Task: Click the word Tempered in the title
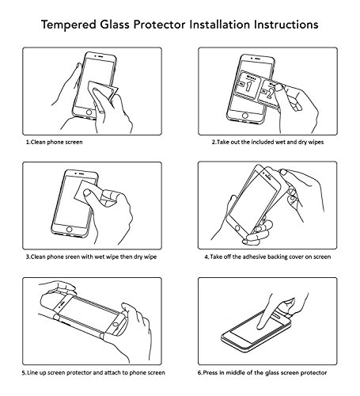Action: click(x=69, y=25)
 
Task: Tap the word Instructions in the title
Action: click(x=286, y=25)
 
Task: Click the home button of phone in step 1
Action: click(x=89, y=112)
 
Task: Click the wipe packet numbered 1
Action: click(x=247, y=85)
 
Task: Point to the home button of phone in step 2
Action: click(x=245, y=116)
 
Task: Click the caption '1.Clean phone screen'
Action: click(x=55, y=142)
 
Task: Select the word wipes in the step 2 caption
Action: click(x=316, y=142)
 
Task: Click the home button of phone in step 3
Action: click(x=70, y=229)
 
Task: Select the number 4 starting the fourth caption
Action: click(x=207, y=257)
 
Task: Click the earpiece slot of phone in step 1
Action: click(x=100, y=56)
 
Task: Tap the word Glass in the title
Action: click(x=115, y=25)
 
